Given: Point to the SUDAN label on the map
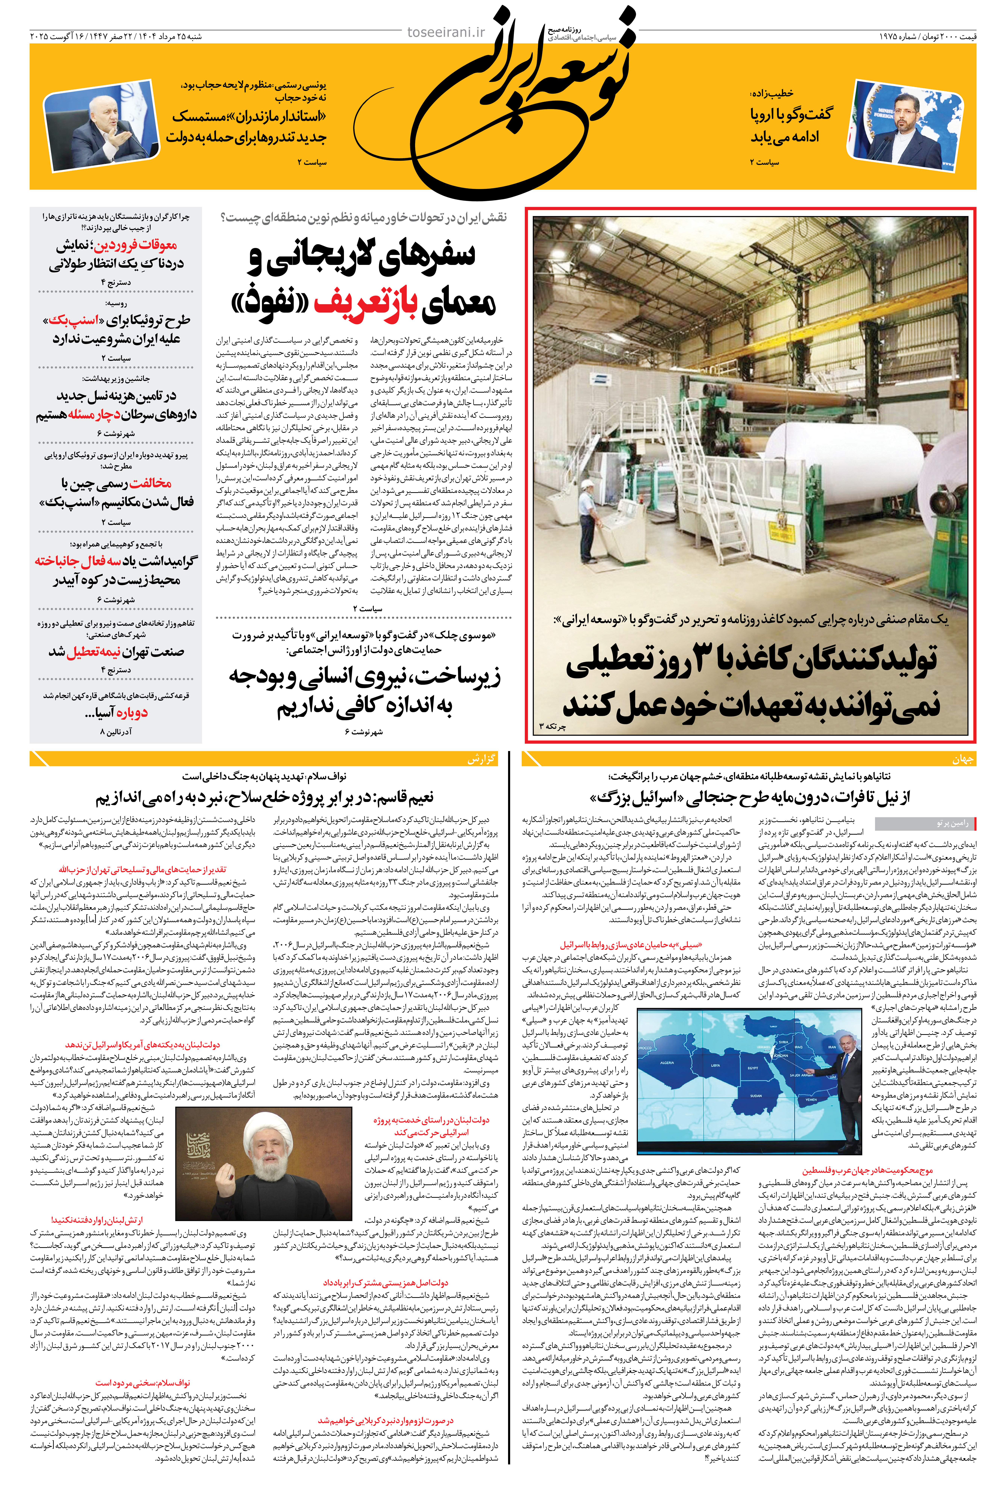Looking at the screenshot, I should click(x=756, y=1095).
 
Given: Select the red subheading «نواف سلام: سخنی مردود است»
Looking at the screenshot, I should click(x=142, y=1382).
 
